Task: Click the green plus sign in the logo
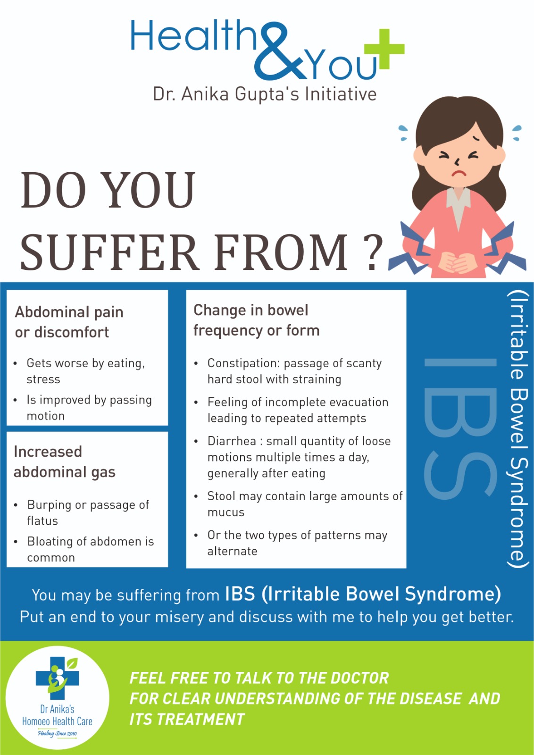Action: [384, 49]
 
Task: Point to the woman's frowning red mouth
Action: [458, 174]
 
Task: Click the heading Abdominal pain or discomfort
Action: [69, 322]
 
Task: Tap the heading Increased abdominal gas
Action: [64, 462]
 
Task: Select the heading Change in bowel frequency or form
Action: [257, 320]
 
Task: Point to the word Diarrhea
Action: [232, 441]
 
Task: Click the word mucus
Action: [226, 512]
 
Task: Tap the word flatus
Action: [42, 521]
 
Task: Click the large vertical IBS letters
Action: [460, 428]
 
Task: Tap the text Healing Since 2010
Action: [57, 733]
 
